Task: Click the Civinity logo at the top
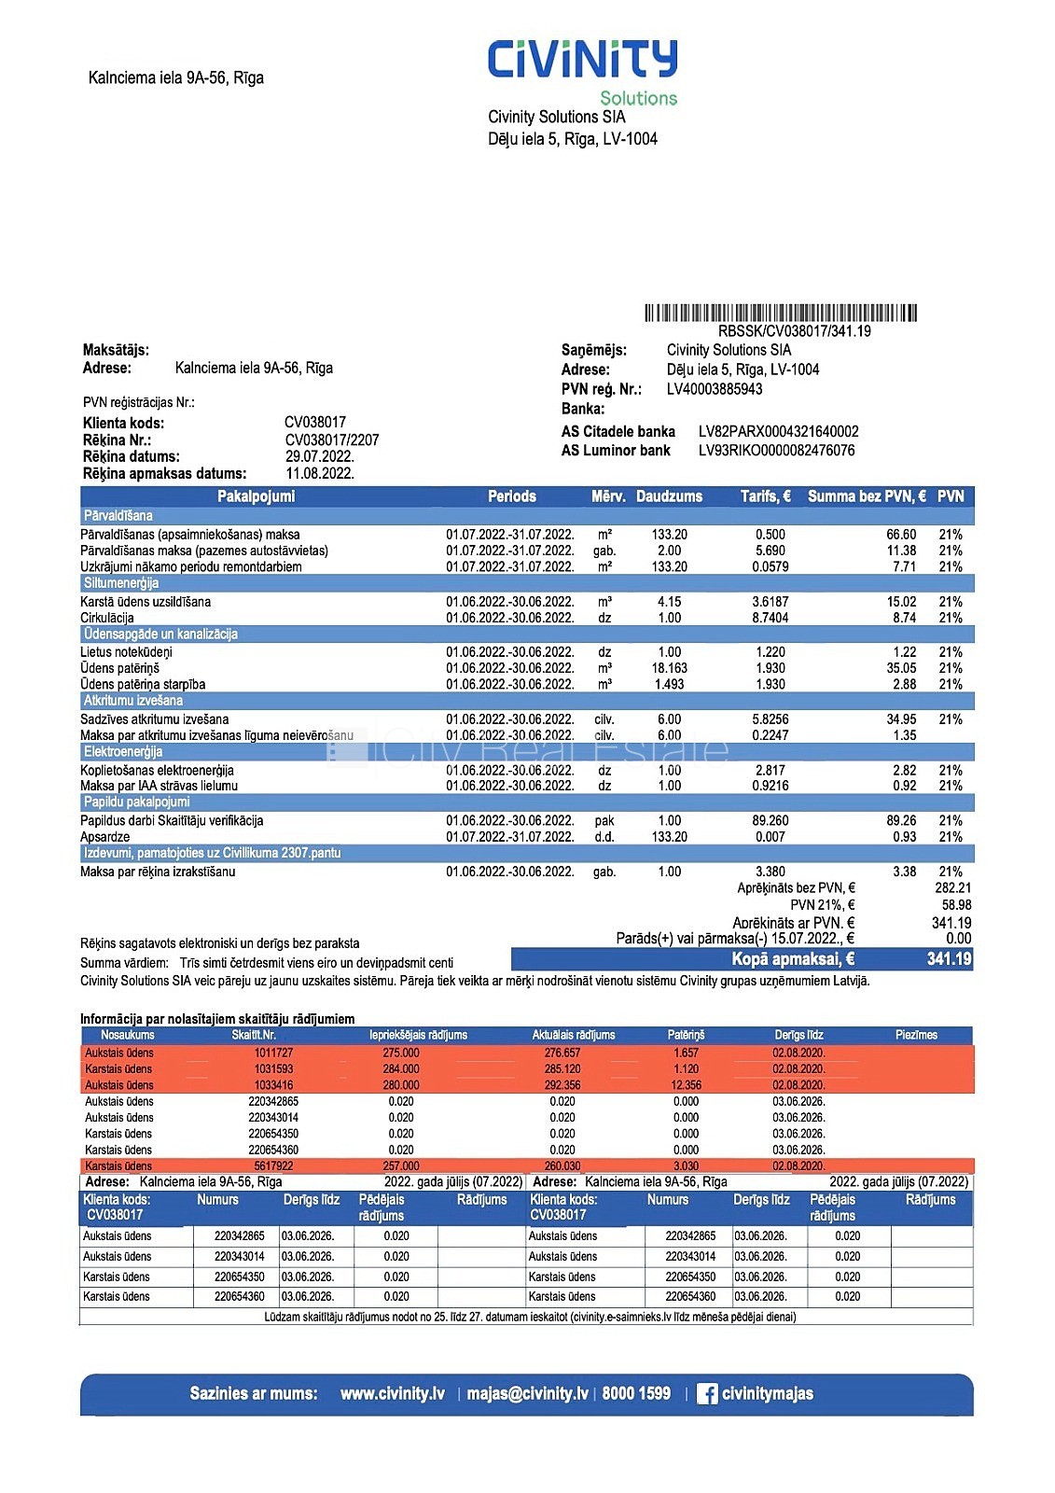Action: [582, 60]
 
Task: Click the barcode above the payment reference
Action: [781, 313]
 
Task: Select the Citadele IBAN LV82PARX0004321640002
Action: [778, 431]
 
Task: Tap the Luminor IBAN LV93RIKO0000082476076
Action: [776, 450]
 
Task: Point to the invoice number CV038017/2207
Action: [332, 440]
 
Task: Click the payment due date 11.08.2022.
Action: [320, 473]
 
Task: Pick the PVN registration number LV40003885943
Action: [715, 389]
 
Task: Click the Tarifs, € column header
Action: [765, 496]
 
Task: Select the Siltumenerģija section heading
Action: [121, 583]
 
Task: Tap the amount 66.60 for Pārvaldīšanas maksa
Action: [901, 535]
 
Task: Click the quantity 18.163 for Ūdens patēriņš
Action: [669, 668]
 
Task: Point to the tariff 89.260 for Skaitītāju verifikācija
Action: [770, 821]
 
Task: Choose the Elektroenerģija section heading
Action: [123, 752]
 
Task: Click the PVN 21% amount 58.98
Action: [956, 905]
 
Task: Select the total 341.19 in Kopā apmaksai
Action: [949, 959]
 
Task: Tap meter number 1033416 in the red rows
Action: [273, 1085]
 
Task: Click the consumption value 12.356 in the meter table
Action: [686, 1085]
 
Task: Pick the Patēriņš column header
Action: [686, 1035]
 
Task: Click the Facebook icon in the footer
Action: [707, 1394]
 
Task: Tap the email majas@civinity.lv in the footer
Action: [527, 1394]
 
